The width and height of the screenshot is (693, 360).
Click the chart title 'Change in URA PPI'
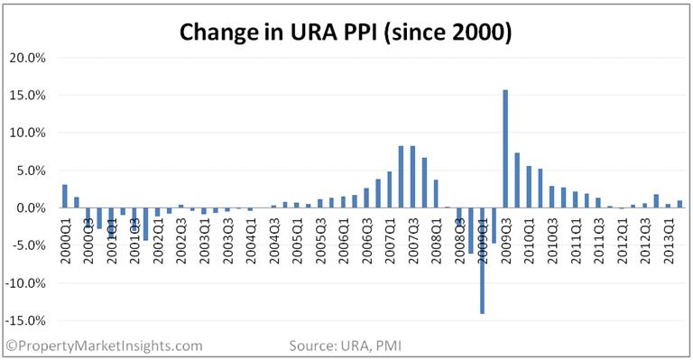[x=278, y=32]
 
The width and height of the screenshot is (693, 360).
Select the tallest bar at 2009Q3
[x=505, y=149]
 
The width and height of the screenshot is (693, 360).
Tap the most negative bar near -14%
[x=482, y=261]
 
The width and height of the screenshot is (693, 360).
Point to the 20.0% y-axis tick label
[x=27, y=58]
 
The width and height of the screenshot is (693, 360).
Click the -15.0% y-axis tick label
[x=25, y=320]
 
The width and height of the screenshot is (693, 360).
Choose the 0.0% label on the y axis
[x=30, y=208]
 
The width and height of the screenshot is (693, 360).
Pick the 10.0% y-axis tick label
[x=27, y=133]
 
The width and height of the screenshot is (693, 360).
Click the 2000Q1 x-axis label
[x=66, y=241]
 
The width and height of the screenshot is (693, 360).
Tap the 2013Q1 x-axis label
[x=670, y=241]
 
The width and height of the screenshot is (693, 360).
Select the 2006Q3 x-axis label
[x=368, y=241]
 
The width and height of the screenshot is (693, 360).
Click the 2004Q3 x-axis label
[x=275, y=241]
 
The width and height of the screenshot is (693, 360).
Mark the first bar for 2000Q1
[x=65, y=196]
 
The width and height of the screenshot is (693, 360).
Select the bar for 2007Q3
[x=412, y=177]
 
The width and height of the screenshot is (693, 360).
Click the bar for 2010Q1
[x=529, y=187]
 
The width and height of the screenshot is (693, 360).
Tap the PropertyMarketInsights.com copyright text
[x=105, y=346]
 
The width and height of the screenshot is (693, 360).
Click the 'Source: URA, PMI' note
[x=346, y=346]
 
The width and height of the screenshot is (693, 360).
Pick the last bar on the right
[x=679, y=204]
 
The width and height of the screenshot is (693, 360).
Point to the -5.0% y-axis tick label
[x=28, y=245]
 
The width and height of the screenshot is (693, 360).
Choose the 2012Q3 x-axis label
[x=646, y=241]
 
